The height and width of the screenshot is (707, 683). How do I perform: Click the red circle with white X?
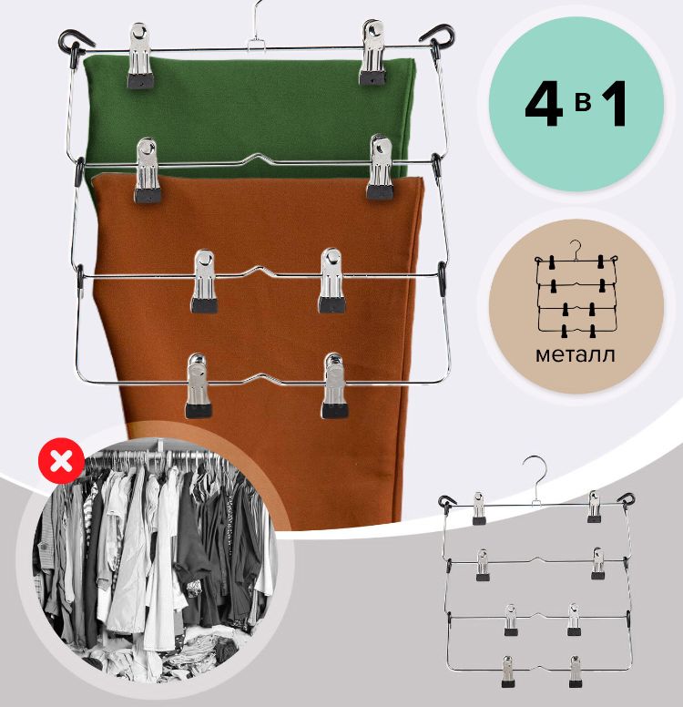pos(61,460)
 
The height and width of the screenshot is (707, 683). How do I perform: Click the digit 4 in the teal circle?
pos(545,105)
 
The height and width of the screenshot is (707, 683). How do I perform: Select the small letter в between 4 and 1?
pos(583,103)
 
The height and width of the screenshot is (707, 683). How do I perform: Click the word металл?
pos(576,354)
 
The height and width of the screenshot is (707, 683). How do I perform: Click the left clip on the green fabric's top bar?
pos(138,56)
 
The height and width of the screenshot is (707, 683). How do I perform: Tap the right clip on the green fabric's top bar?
pos(372,53)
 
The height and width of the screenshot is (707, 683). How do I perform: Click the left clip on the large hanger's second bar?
pos(147,169)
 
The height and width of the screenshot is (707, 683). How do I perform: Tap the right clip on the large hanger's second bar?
pos(381,167)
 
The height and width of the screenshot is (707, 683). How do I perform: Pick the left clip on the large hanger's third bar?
pos(204,282)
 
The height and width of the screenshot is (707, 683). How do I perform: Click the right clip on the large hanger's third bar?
pos(331,280)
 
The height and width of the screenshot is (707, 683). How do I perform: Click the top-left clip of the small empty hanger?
pos(479,508)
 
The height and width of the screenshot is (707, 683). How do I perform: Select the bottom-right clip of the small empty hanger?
pos(575,671)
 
